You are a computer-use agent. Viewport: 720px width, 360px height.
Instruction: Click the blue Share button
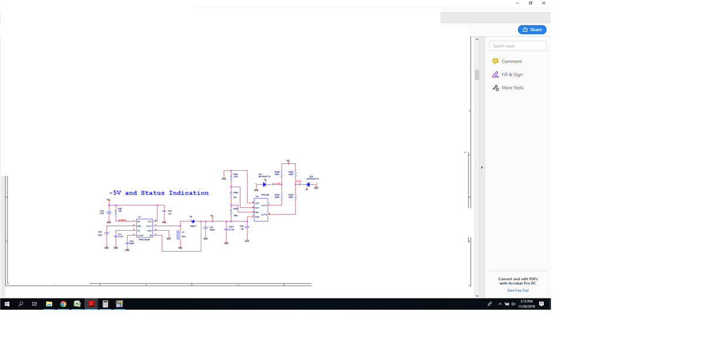[x=532, y=30]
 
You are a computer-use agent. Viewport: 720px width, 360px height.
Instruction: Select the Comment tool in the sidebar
[x=511, y=61]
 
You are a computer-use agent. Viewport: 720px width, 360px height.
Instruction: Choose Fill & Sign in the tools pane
[x=512, y=75]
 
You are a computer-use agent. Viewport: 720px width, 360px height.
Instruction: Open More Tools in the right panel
[x=512, y=88]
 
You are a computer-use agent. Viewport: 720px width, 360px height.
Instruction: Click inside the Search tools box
[x=517, y=46]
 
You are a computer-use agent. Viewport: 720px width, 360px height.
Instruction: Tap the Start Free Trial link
[x=517, y=290]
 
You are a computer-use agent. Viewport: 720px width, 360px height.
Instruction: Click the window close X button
[x=544, y=4]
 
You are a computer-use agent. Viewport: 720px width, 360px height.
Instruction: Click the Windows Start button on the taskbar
[x=7, y=304]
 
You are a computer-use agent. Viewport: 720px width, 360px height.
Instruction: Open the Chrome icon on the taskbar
[x=63, y=304]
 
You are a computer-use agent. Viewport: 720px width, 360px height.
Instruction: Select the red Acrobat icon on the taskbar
[x=91, y=304]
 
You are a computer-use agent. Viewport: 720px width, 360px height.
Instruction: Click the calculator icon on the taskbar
[x=105, y=304]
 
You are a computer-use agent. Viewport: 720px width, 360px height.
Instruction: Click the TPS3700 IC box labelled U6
[x=261, y=210]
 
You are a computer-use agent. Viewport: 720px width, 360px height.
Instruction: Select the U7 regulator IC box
[x=144, y=228]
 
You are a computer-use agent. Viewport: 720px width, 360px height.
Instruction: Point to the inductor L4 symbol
[x=179, y=235]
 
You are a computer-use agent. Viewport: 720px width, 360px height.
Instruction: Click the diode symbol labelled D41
[x=264, y=184]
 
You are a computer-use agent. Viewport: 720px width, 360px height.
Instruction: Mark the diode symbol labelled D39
[x=308, y=185]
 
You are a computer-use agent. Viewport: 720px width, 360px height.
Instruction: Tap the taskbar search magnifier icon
[x=21, y=304]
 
